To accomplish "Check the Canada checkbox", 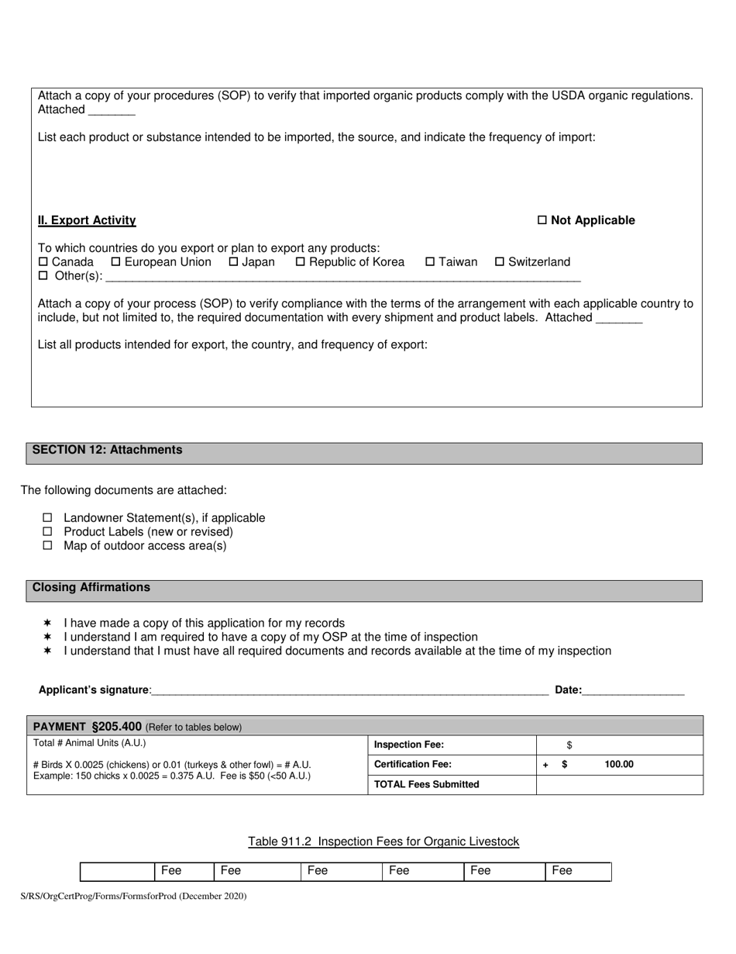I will point(43,262).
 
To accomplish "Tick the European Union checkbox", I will point(116,262).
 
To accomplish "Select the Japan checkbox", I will point(233,262).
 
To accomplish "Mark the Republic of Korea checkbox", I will point(301,262).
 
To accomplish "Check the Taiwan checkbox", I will point(431,262).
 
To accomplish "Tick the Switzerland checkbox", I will point(500,262).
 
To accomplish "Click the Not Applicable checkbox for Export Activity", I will point(542,220).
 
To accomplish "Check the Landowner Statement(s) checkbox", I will point(47,517).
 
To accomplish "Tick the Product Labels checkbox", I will point(47,531).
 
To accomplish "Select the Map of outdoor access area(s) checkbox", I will point(47,545).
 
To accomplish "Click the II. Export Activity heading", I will point(87,220).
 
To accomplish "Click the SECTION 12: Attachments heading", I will point(108,450).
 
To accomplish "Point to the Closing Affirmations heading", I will point(91,587).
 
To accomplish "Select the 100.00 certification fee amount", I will point(619,765).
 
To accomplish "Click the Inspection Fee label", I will point(409,745).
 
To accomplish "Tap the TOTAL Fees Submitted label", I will point(427,784).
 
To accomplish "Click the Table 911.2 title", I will point(383,842).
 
